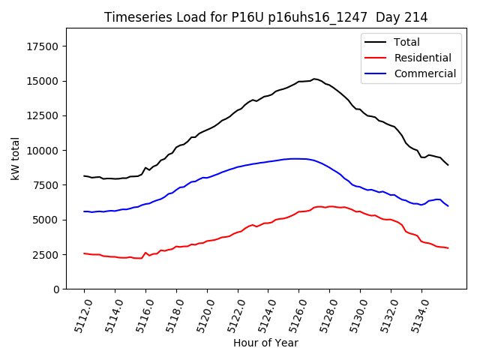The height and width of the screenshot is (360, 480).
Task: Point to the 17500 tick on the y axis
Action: [43, 46]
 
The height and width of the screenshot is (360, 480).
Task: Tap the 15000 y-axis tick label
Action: [43, 81]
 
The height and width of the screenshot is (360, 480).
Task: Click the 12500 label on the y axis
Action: [43, 115]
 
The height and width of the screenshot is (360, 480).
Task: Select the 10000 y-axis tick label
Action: [43, 151]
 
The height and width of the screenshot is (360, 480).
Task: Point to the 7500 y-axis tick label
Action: [46, 185]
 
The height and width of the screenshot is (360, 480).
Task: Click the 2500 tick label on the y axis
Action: [46, 255]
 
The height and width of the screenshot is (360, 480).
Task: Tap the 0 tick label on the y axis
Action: [56, 289]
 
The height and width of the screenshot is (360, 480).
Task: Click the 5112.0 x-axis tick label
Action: [79, 315]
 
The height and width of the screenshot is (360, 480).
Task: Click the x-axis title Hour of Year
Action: [265, 343]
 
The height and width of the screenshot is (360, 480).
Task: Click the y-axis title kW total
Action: [15, 159]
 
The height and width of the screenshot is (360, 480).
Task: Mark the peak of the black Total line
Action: [314, 78]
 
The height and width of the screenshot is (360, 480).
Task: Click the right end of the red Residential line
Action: [448, 247]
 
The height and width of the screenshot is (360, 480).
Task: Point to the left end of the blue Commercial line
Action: [84, 211]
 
